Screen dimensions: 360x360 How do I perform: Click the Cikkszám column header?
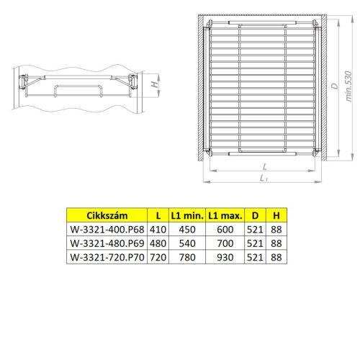tap(107, 216)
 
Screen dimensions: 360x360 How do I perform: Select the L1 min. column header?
tap(187, 216)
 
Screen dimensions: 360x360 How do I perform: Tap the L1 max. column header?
tap(225, 216)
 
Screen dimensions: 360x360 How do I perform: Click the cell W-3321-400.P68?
tap(107, 230)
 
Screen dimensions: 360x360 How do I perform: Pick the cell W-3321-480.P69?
tap(107, 243)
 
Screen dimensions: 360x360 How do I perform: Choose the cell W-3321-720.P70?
tap(107, 257)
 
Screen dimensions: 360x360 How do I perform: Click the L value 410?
tap(158, 230)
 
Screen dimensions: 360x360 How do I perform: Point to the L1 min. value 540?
tap(187, 243)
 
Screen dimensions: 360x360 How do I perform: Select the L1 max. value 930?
tap(225, 257)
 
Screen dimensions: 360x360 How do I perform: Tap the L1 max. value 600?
tap(225, 230)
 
